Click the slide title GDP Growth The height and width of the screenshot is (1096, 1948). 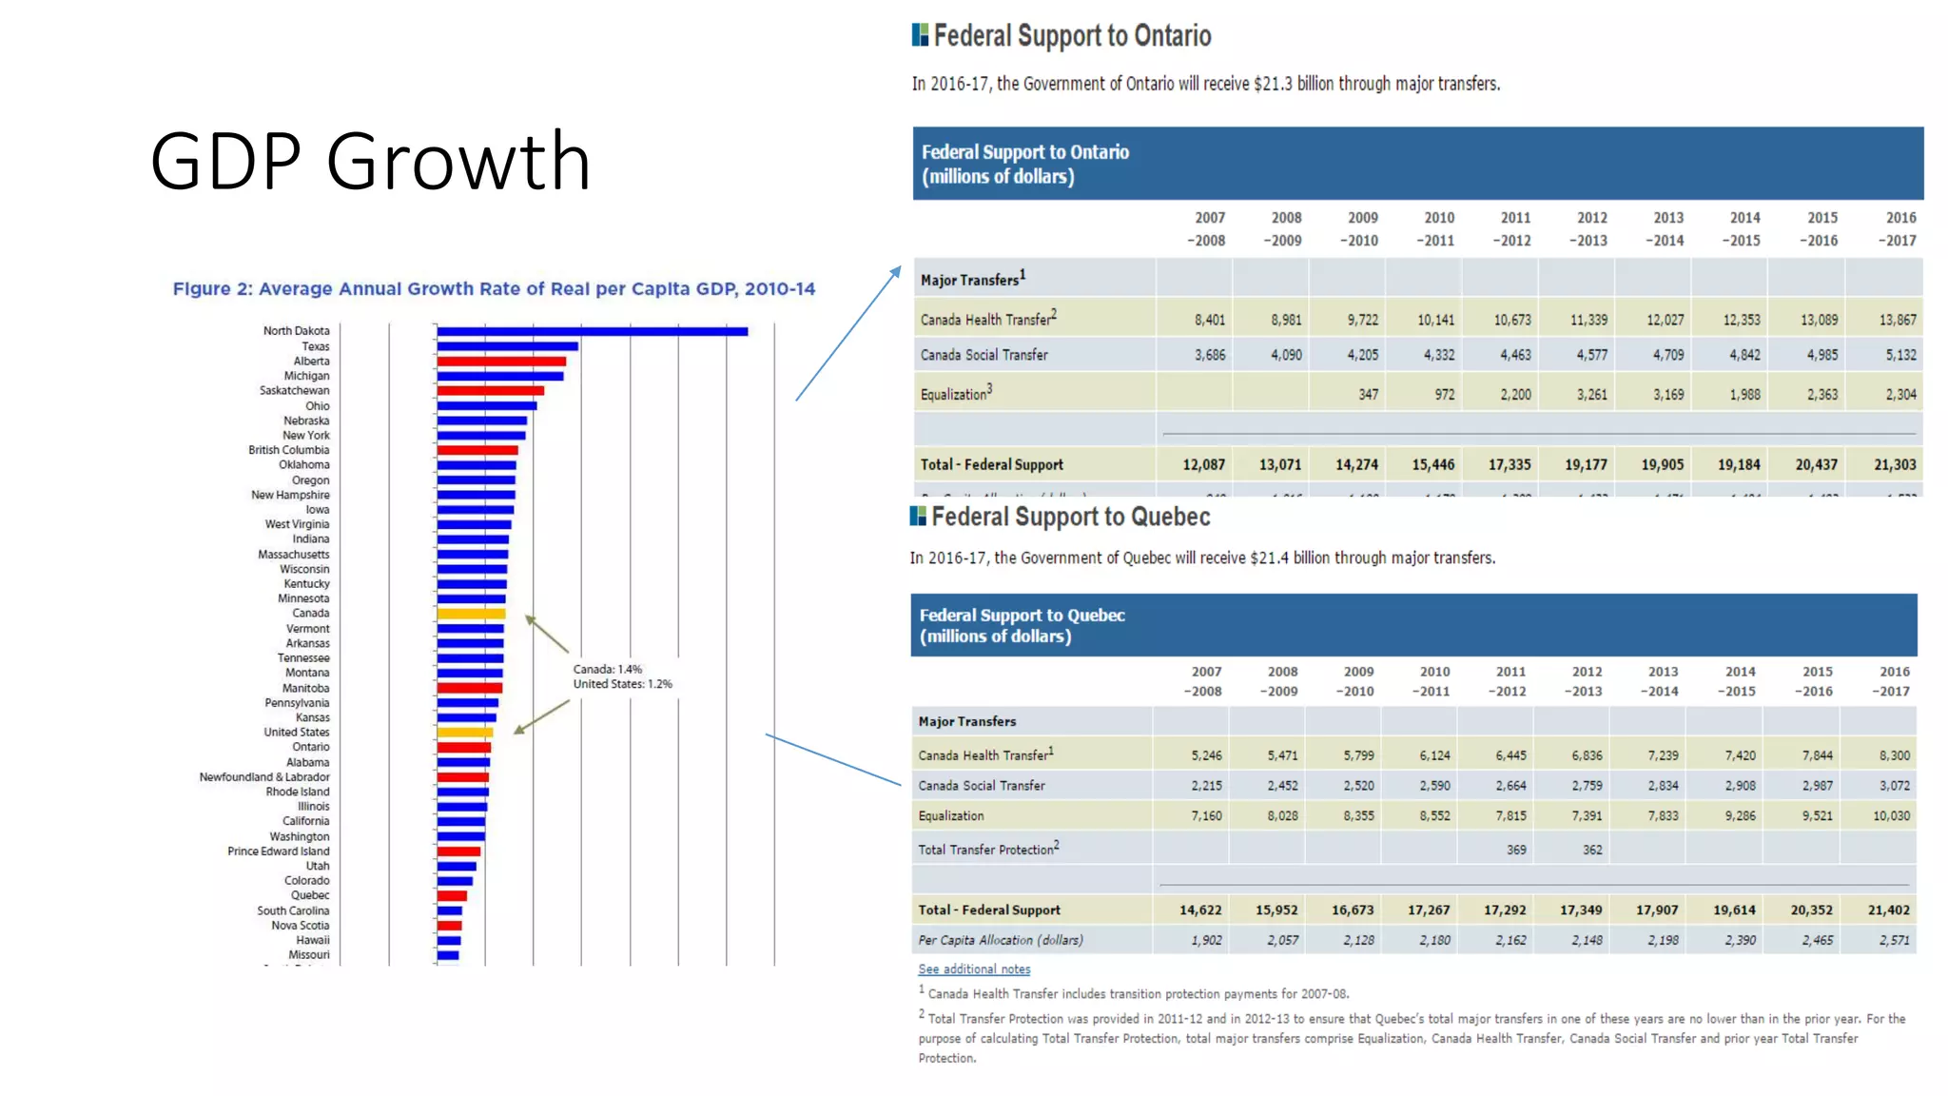pos(371,161)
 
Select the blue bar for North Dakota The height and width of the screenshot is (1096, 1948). pos(592,331)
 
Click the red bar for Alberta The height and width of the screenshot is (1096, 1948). pos(501,362)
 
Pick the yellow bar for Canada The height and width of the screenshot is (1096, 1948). pos(471,614)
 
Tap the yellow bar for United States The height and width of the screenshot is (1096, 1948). pos(465,733)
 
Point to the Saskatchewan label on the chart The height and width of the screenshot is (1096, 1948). pos(295,391)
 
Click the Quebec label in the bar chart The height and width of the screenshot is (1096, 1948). pos(310,895)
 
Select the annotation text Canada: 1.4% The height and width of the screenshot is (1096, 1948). pos(608,670)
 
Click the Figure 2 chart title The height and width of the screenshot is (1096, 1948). pos(494,288)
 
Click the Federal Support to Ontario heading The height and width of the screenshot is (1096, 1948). pos(1071,36)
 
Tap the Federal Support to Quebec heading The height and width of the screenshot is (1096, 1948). pos(1070,517)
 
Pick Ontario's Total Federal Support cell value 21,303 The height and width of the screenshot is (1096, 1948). pos(1895,465)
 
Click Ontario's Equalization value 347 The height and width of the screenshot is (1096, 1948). pos(1368,395)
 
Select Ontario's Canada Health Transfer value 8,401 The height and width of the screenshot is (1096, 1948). pos(1210,321)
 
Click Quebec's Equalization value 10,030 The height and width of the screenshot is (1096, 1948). pos(1891,816)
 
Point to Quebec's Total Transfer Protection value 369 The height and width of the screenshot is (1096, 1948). pos(1516,851)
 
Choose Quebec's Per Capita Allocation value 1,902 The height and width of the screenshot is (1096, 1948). pos(1206,940)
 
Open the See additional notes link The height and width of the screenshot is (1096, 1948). pos(974,969)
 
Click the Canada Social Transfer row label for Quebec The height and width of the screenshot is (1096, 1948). pos(982,786)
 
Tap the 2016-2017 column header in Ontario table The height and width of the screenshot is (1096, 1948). pos(1899,229)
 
